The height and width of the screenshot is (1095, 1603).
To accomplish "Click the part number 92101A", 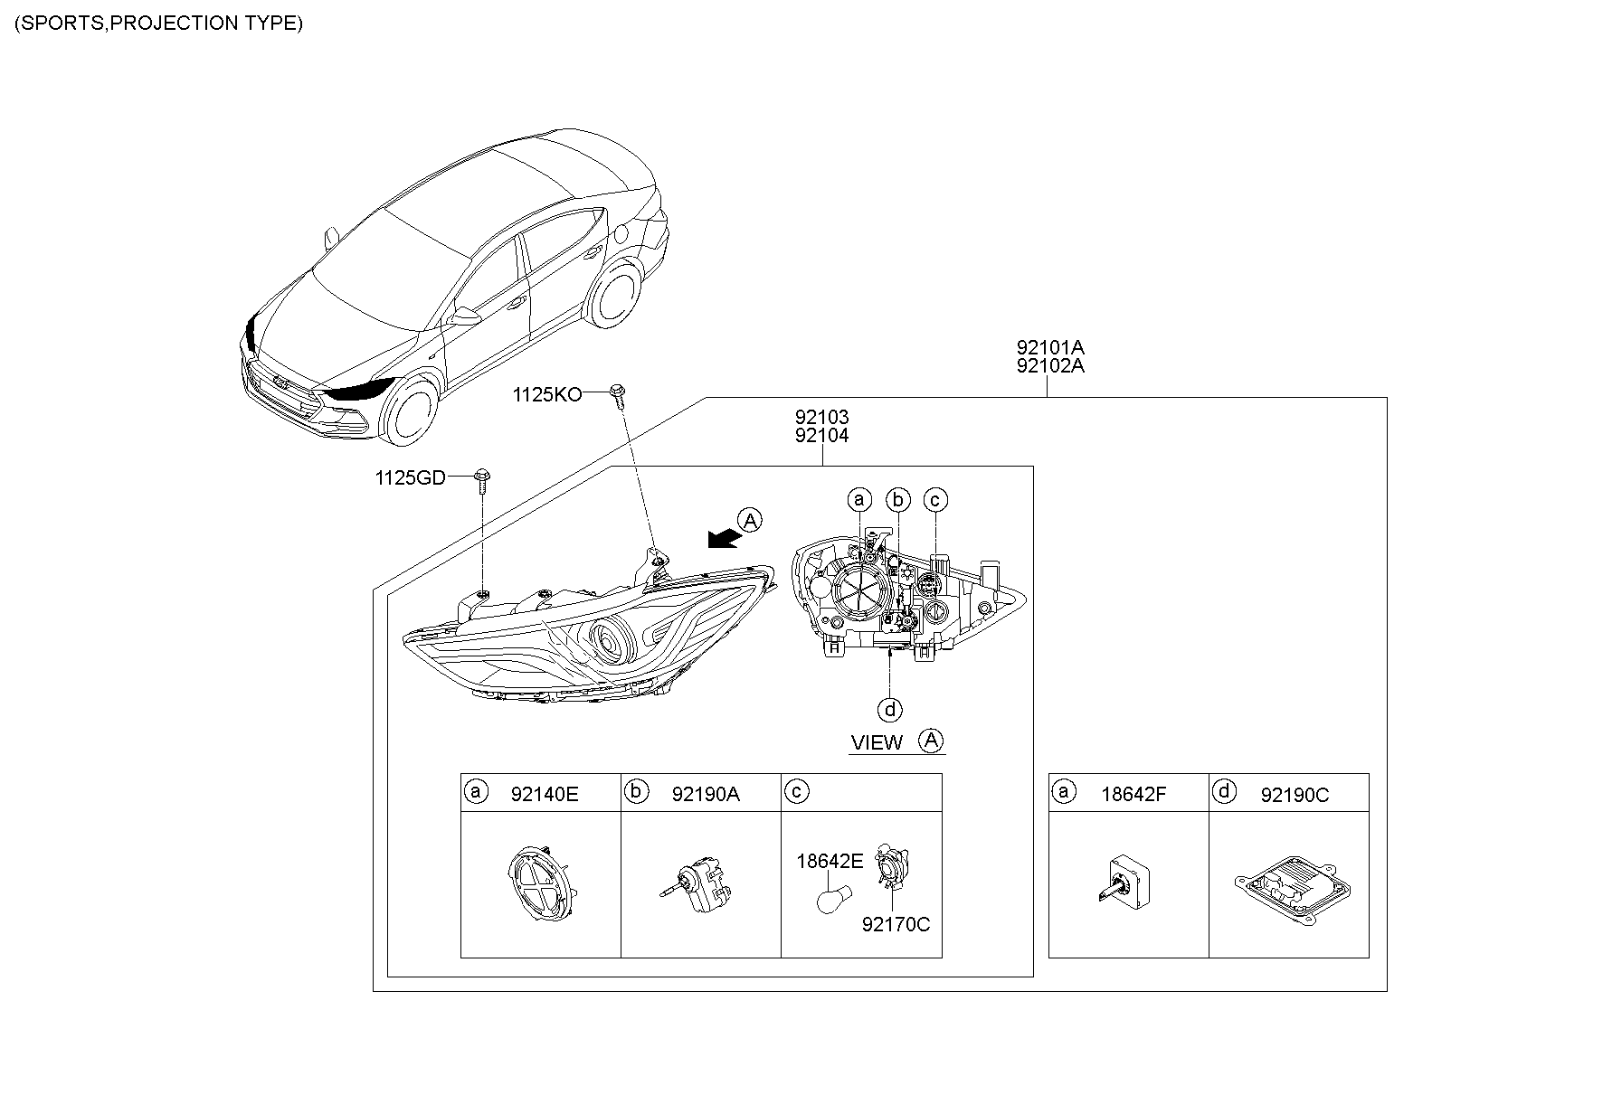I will click(1049, 347).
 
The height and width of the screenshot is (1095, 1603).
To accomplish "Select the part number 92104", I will click(821, 436).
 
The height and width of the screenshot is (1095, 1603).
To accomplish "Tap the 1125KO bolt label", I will click(546, 394).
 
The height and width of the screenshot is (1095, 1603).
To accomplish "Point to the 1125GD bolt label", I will click(410, 477).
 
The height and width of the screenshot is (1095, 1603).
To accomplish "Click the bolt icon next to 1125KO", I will click(620, 393).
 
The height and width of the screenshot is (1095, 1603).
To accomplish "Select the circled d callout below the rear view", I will click(890, 710).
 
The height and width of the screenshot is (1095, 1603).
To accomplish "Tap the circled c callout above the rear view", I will click(935, 499).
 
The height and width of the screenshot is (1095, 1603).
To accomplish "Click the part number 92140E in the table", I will click(544, 795).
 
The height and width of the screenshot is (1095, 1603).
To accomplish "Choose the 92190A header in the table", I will click(705, 795).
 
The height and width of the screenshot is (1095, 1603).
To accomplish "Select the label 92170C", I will click(895, 924).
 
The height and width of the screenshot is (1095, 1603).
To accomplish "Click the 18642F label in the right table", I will click(1133, 795).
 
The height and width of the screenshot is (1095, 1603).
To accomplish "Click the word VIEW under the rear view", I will click(877, 743).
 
